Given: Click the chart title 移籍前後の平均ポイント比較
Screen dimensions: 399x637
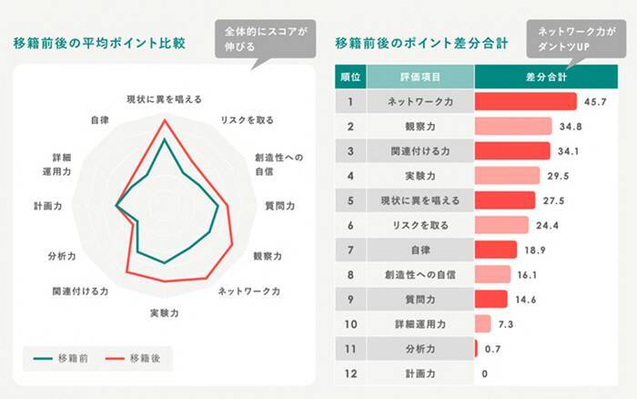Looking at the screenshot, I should coord(101,42).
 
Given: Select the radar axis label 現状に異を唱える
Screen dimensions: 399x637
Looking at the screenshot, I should coord(164,97).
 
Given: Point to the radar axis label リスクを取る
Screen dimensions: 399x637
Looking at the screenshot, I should coord(247,119).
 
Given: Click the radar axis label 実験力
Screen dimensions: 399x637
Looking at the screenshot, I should coord(164,313).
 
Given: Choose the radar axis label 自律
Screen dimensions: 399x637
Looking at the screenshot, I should coord(101,119).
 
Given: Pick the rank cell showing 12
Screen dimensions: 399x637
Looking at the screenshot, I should coord(349,373).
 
